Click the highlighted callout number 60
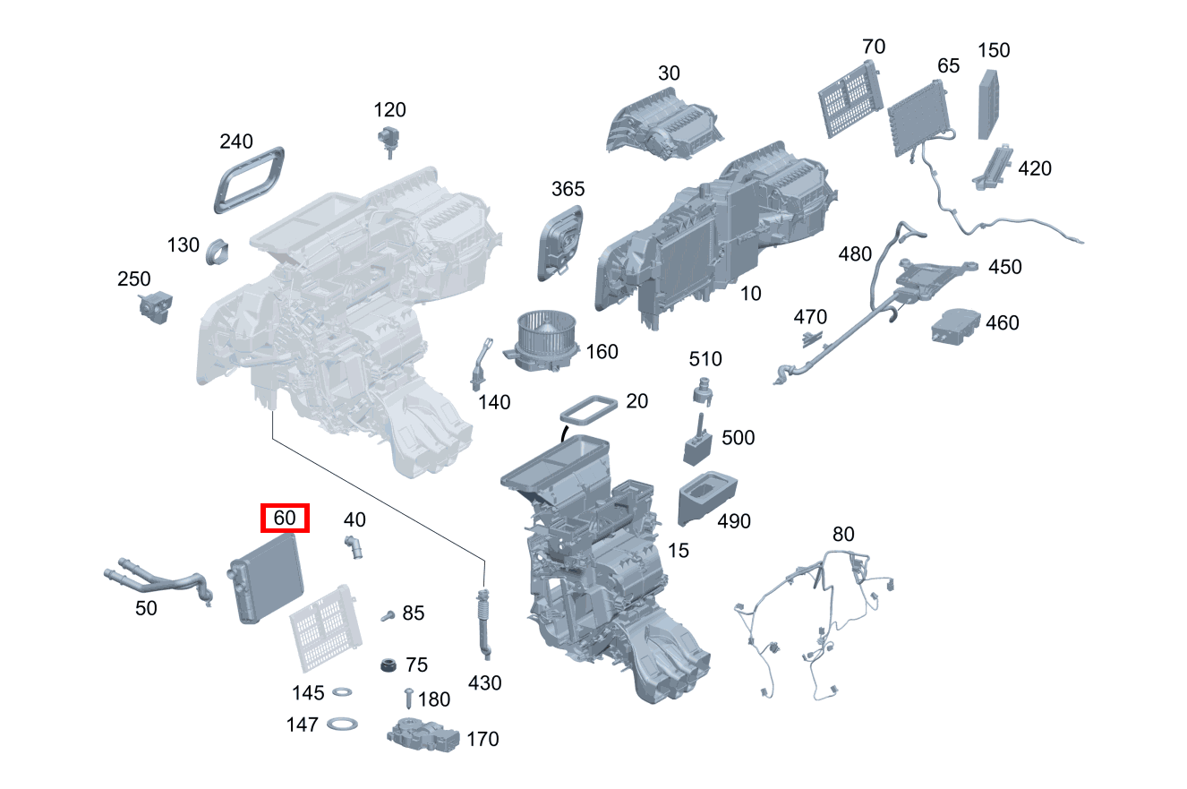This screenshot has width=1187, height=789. coord(285,519)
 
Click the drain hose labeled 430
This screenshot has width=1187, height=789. coord(483,622)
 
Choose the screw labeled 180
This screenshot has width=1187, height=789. coord(409,698)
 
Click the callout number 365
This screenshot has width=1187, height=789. coord(568,189)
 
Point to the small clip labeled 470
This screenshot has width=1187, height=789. coord(811,338)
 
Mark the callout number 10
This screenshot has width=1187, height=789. coord(751,293)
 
